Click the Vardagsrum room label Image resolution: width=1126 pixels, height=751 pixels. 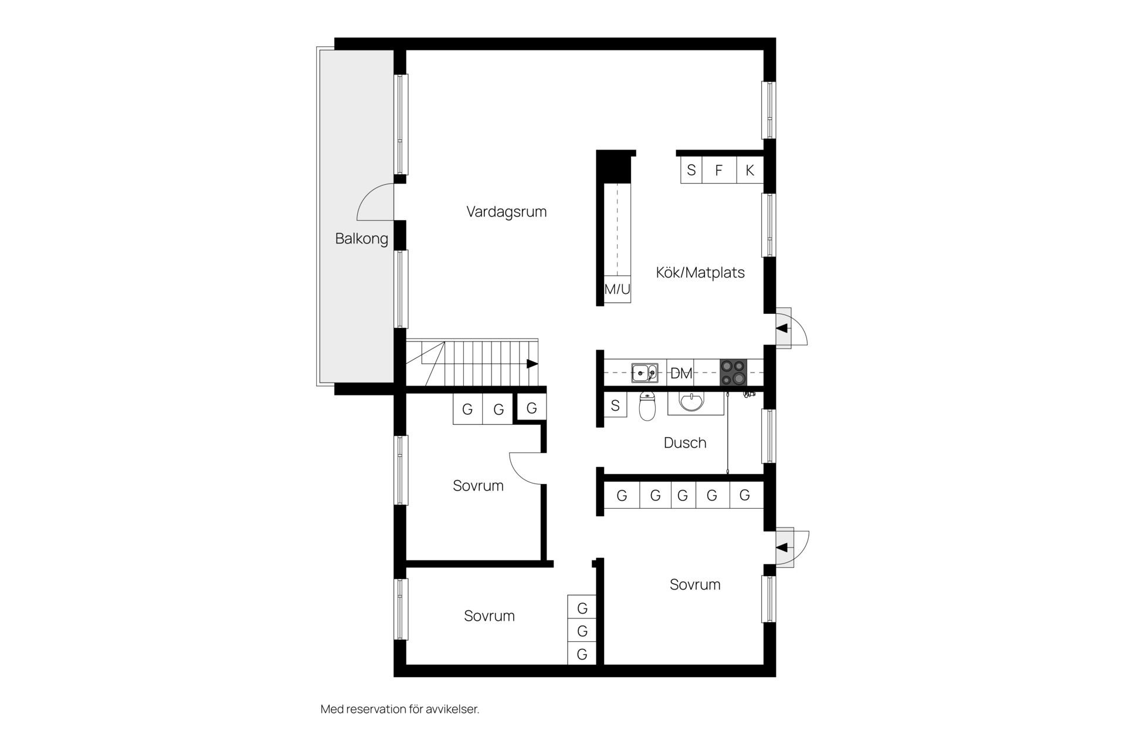click(x=507, y=212)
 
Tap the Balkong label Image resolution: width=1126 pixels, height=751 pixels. click(x=361, y=239)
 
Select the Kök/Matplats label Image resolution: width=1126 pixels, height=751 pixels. click(x=700, y=272)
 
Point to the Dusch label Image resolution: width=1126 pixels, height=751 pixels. click(x=685, y=442)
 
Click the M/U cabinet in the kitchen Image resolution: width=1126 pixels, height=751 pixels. click(x=617, y=289)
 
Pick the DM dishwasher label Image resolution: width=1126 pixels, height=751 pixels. click(x=681, y=373)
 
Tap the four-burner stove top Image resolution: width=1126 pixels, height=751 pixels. click(x=734, y=373)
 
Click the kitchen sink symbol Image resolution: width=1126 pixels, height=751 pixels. click(x=645, y=373)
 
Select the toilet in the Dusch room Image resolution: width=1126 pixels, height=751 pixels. click(x=647, y=407)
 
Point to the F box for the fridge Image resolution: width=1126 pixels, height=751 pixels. click(x=719, y=170)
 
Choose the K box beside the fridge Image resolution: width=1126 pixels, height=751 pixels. click(x=750, y=170)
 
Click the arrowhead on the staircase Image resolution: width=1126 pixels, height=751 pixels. click(x=533, y=364)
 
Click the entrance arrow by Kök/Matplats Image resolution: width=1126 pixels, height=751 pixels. click(x=782, y=329)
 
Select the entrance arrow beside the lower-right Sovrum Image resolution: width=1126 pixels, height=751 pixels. click(x=782, y=548)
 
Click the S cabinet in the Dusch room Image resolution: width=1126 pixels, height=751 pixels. click(x=615, y=405)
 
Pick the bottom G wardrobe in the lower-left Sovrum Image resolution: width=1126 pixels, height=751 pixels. click(x=582, y=654)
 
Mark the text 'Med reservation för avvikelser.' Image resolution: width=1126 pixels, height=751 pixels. click(x=400, y=709)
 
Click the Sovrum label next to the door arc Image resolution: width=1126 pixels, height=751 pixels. click(x=478, y=486)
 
